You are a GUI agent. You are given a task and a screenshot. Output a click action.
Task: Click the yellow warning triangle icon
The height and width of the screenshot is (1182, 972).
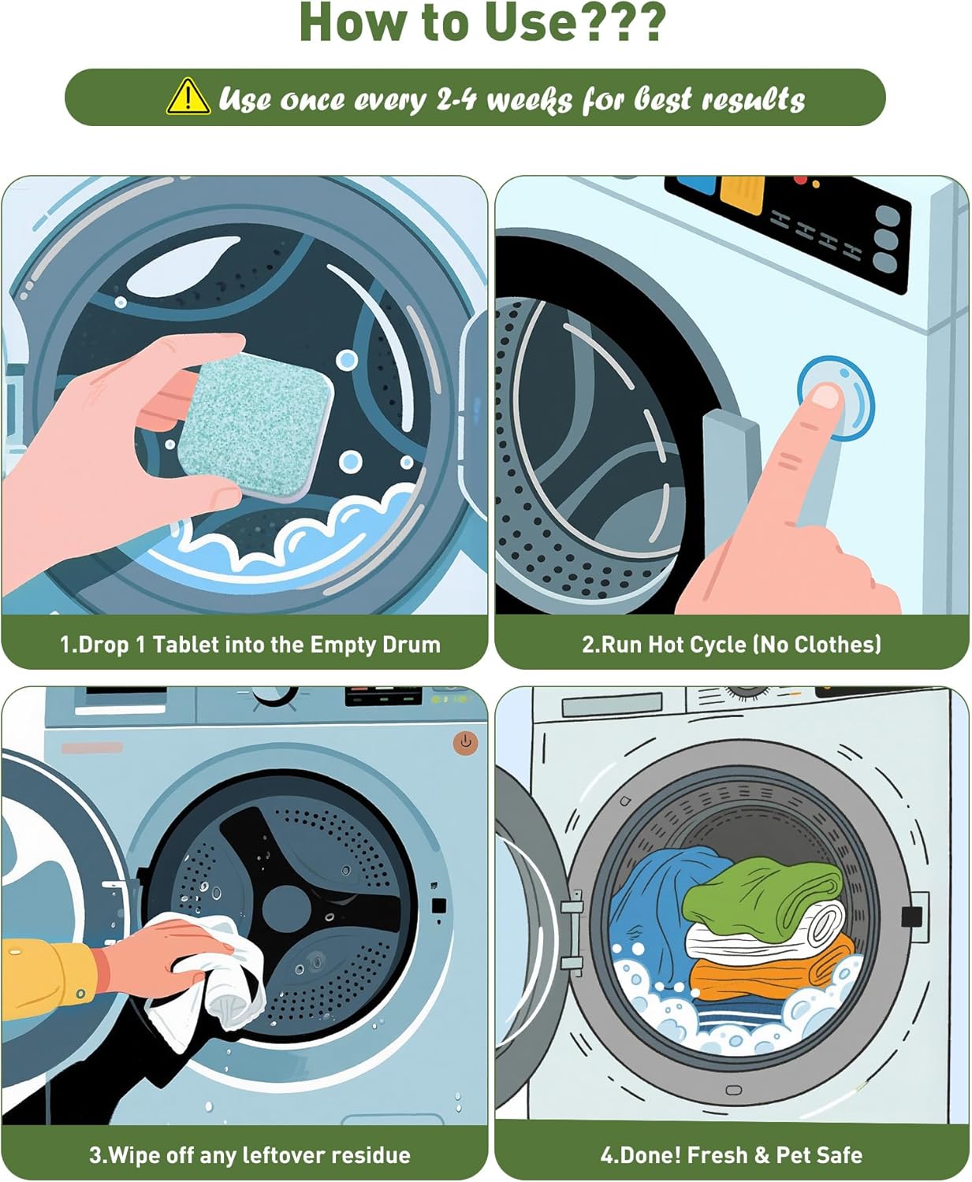(188, 97)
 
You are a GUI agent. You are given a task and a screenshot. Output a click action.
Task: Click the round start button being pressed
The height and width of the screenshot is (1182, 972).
(836, 397)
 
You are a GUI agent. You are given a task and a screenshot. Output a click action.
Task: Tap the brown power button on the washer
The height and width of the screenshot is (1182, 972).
(465, 742)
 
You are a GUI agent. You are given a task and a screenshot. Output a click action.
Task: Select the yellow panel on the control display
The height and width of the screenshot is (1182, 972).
(742, 194)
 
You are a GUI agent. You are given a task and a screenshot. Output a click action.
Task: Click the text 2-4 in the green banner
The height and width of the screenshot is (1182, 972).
(456, 100)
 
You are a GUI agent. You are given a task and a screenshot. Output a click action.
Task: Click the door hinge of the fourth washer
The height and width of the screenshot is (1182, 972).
(572, 930)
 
